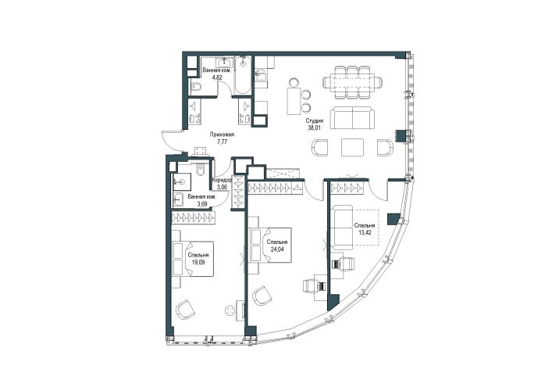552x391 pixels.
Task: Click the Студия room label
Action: pos(315,121)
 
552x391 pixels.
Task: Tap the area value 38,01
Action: pos(315,128)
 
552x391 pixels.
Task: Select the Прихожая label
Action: pos(222,135)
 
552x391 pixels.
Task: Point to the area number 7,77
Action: pos(222,142)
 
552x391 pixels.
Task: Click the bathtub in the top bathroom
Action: pos(242,75)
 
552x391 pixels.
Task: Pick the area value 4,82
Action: pos(217,77)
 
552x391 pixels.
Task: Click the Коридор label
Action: pos(222,180)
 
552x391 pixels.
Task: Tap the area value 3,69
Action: pos(202,204)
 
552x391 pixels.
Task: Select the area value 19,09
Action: pos(198,262)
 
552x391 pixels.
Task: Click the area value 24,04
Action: pos(276,249)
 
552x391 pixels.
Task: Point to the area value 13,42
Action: pos(365,232)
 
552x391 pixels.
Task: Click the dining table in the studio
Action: pos(352,82)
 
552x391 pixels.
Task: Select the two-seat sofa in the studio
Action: pos(352,118)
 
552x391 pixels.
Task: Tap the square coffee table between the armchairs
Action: pos(352,147)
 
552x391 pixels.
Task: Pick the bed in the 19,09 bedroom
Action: pos(194,259)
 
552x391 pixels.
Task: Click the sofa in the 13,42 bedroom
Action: pos(342,228)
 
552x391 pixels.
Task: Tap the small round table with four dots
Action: pos(230,311)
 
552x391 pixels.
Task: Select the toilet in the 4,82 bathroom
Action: pos(195,87)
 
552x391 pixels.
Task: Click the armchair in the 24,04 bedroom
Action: pos(262,296)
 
